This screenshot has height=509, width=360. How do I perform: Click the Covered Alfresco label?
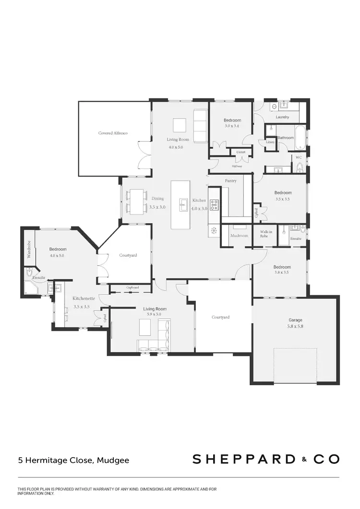(113, 133)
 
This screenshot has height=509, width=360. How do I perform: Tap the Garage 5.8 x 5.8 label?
(296, 323)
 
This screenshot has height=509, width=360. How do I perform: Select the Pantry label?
(230, 181)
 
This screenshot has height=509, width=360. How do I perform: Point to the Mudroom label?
(239, 236)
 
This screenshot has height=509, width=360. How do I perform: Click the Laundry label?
(282, 117)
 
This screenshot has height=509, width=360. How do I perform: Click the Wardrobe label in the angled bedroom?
(29, 249)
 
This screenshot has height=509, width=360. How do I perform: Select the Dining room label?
(157, 198)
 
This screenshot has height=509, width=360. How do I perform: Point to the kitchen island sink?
(183, 205)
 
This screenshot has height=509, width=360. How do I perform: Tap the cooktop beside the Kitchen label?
(214, 205)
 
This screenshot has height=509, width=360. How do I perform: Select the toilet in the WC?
(300, 166)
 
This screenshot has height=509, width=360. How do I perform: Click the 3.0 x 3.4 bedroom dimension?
(232, 126)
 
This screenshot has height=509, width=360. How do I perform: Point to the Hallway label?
(237, 166)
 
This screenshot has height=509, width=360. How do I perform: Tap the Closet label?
(240, 152)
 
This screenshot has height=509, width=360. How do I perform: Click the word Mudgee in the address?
(113, 460)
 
